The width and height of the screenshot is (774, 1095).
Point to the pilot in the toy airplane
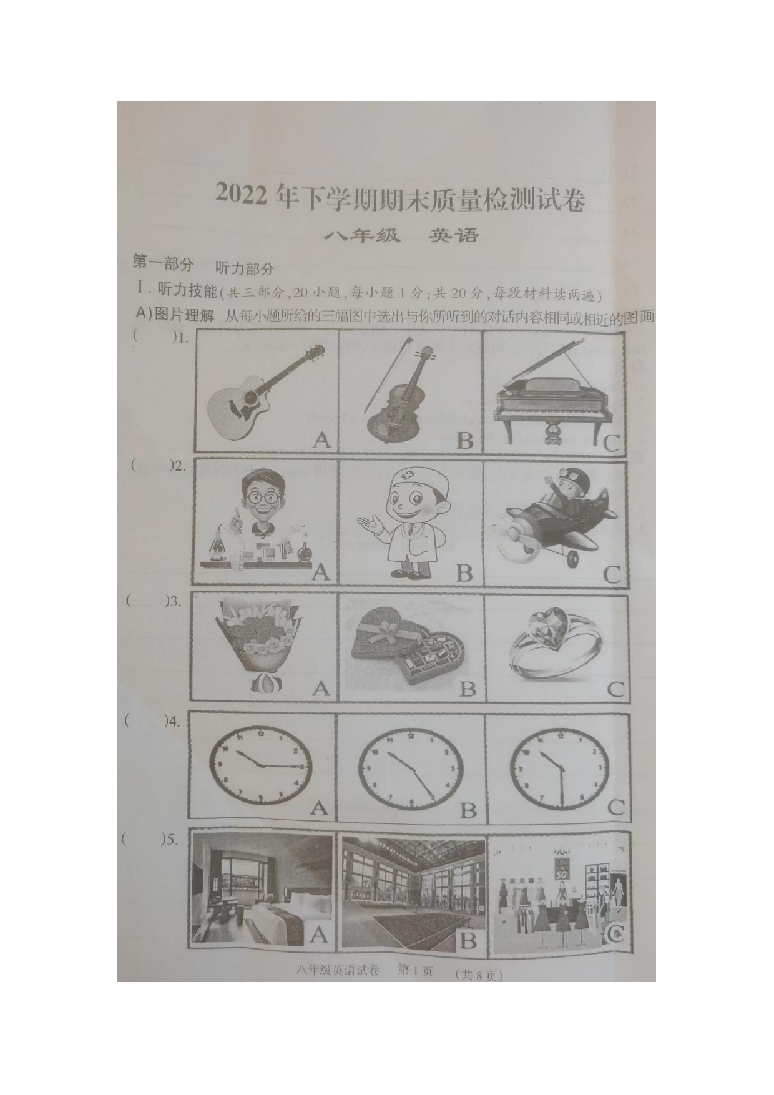549,518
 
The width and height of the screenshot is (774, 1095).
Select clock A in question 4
260,765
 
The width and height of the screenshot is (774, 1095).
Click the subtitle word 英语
454,236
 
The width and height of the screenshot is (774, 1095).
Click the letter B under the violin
464,441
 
